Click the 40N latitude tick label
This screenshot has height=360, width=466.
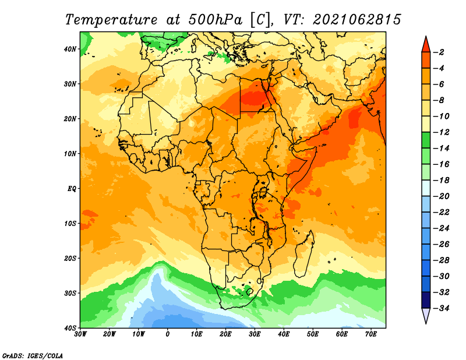70,49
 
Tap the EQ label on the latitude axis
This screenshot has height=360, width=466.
72,189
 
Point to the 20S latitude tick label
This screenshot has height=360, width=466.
70,258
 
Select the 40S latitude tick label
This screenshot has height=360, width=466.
70,328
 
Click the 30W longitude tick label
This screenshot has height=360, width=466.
80,334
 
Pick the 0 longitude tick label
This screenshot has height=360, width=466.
168,334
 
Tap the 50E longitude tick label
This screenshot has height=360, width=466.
313,334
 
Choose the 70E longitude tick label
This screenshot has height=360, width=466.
371,334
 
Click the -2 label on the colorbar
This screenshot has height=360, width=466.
439,52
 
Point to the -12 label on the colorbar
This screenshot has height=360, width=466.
442,132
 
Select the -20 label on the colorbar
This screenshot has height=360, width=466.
442,196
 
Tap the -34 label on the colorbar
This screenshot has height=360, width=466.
442,308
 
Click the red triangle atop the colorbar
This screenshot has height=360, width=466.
426,45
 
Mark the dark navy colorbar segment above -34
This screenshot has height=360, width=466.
426,300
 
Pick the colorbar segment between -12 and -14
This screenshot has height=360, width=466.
426,140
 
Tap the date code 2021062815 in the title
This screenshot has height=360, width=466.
357,20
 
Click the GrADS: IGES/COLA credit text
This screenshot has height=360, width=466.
33,356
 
